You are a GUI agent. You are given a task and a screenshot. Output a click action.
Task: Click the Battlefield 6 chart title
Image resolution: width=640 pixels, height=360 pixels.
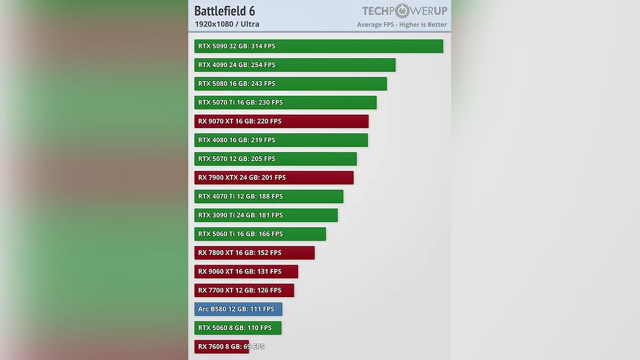pos(225,11)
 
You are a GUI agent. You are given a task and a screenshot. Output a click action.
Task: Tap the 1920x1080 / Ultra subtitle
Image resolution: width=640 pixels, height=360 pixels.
pos(227,24)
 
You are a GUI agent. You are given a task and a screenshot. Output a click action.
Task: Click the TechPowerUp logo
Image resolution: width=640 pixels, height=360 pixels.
pos(404,11)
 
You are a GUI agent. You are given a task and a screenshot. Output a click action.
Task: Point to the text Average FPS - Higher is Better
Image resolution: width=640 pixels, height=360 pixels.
pos(402,25)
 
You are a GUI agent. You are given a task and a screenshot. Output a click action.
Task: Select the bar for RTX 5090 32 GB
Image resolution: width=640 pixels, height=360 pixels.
pos(318,46)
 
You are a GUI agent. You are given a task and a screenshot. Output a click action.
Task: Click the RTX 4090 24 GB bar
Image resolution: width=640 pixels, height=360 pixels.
pos(295,65)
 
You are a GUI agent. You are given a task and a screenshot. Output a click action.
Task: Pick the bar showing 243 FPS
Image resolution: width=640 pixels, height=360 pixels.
pos(291,84)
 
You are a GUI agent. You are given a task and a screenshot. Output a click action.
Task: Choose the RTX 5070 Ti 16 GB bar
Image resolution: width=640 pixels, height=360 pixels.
pos(285,102)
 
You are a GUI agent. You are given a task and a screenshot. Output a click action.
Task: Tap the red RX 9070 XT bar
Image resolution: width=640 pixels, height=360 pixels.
pos(282,121)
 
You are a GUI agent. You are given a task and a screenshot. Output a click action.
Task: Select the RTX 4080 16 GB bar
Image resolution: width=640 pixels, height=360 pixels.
pos(281,140)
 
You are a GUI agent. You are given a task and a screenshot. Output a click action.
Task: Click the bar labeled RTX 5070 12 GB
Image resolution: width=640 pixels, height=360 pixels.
pos(276,159)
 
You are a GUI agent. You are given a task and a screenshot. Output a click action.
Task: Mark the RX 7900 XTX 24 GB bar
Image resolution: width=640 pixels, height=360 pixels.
pos(274,178)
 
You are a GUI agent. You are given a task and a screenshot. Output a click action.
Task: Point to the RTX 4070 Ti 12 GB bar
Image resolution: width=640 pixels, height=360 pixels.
pos(269,196)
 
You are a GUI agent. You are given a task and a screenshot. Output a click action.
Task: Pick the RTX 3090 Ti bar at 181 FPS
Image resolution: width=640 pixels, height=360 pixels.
pos(266,215)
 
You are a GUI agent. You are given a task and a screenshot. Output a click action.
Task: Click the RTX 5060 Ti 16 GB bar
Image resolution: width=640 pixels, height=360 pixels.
pos(260,234)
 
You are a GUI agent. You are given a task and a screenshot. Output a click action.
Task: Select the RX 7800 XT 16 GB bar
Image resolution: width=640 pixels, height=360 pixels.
pos(254,253)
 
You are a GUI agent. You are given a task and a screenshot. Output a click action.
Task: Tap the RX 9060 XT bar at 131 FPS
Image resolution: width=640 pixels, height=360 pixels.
pos(246,271)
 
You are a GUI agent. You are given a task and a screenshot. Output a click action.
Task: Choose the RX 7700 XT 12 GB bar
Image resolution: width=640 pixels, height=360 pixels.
pos(244,290)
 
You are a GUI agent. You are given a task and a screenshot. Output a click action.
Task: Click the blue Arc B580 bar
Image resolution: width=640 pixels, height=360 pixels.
pos(238,309)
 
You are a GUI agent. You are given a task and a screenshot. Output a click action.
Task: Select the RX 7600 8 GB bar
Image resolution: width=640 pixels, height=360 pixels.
pos(222,347)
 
